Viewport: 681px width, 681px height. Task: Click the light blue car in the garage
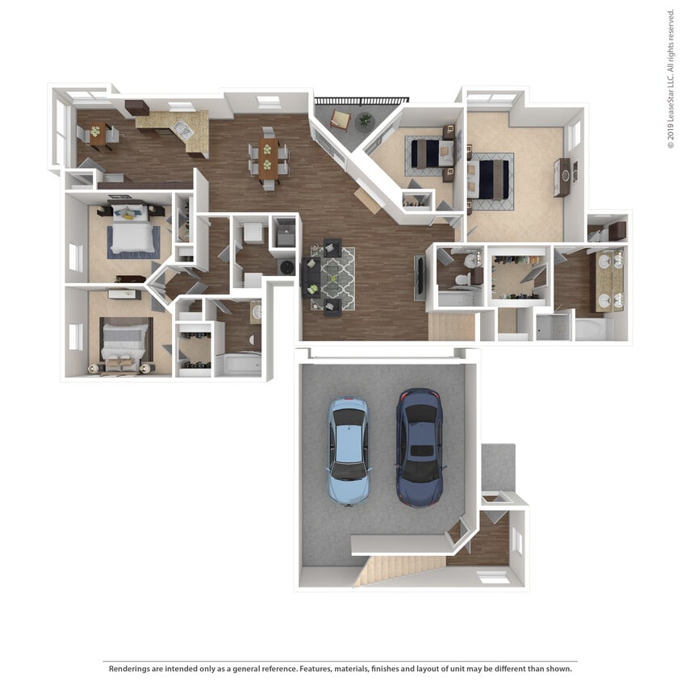point(349,450)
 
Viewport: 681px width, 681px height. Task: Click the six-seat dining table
point(269,157)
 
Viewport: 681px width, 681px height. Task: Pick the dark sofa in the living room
point(311,277)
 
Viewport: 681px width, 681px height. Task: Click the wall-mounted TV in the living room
point(419,278)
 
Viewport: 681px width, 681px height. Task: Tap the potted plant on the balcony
point(365,121)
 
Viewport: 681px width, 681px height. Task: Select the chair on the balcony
point(340,121)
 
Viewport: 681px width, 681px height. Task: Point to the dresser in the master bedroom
point(562,177)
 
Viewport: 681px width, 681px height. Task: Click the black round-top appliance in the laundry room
point(285,266)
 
